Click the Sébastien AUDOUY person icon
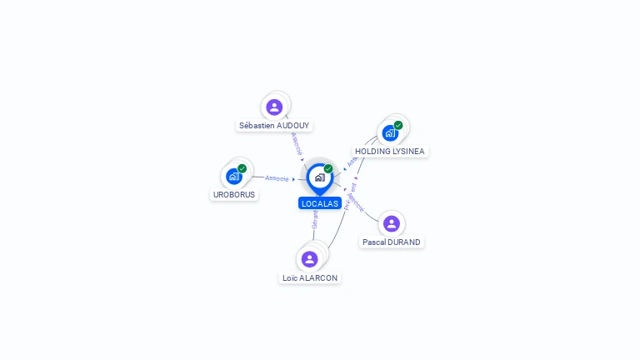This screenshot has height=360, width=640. (x=274, y=107)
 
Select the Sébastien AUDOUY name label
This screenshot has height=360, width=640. (x=274, y=126)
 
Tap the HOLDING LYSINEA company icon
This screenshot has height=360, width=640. (x=390, y=133)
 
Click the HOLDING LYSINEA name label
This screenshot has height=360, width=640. (x=390, y=152)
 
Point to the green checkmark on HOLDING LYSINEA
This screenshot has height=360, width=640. (x=398, y=125)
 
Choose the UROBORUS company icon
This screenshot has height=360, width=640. (x=234, y=176)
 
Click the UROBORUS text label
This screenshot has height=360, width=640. (x=234, y=195)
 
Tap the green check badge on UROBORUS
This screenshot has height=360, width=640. (x=242, y=168)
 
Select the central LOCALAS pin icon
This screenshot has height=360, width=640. (x=319, y=177)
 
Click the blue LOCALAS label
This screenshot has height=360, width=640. (x=320, y=203)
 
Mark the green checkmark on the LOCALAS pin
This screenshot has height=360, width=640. (x=328, y=169)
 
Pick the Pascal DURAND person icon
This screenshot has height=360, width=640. (x=392, y=223)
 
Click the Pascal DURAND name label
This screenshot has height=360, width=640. (x=392, y=242)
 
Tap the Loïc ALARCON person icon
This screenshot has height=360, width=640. (x=310, y=259)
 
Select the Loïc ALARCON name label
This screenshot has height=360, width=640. (x=311, y=278)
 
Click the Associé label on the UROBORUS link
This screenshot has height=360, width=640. (x=277, y=178)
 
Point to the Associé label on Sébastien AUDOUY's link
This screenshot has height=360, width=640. (x=297, y=142)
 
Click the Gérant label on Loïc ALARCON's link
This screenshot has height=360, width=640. (x=315, y=219)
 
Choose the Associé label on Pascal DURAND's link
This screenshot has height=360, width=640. (x=356, y=202)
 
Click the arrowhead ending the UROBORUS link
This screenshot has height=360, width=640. (x=294, y=179)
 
